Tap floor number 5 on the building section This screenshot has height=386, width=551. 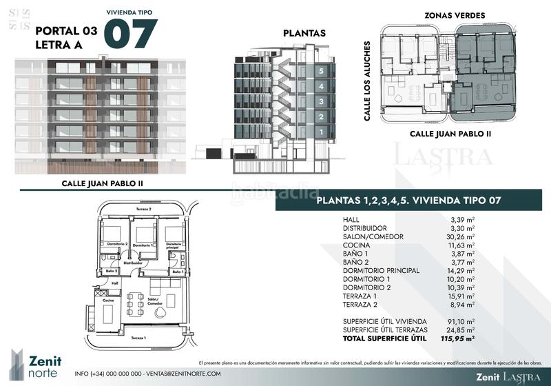(320, 71)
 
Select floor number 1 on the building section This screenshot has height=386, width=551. (320, 132)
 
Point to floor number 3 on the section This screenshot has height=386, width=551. (320, 101)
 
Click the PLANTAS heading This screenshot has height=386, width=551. (304, 33)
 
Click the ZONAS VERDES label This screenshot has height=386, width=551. (455, 15)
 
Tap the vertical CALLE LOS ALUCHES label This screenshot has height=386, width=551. (368, 81)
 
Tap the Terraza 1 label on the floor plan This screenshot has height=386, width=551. (139, 338)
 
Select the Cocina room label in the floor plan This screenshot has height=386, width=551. (108, 301)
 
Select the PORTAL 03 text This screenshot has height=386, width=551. (65, 30)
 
